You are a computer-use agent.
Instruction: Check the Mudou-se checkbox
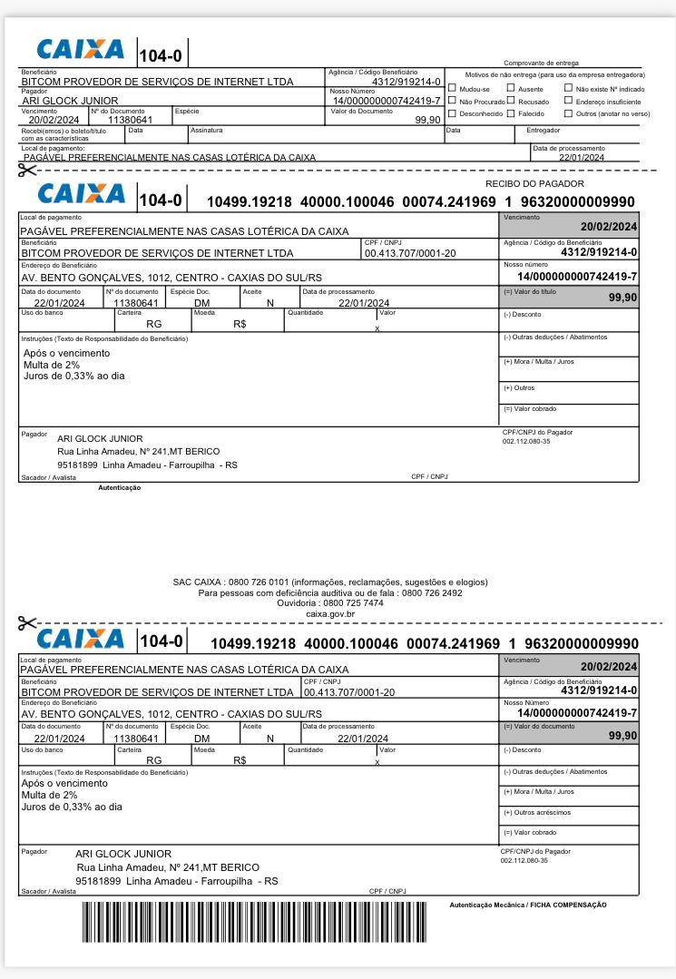coord(452,89)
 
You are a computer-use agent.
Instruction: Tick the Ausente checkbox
coord(511,89)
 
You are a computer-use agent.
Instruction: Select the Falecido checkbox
coord(511,113)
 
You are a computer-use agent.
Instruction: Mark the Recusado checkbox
coord(511,102)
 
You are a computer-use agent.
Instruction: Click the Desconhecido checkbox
coord(452,113)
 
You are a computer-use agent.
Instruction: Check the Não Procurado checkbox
coord(452,102)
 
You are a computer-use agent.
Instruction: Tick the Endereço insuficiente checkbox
coord(568,102)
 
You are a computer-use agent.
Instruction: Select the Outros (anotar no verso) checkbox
coord(568,113)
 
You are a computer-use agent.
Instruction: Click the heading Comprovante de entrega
coord(540,62)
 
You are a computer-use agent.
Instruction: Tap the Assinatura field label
coord(206,130)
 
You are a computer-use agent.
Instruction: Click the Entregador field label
coord(544,130)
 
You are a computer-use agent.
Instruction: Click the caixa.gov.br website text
coord(330,613)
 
